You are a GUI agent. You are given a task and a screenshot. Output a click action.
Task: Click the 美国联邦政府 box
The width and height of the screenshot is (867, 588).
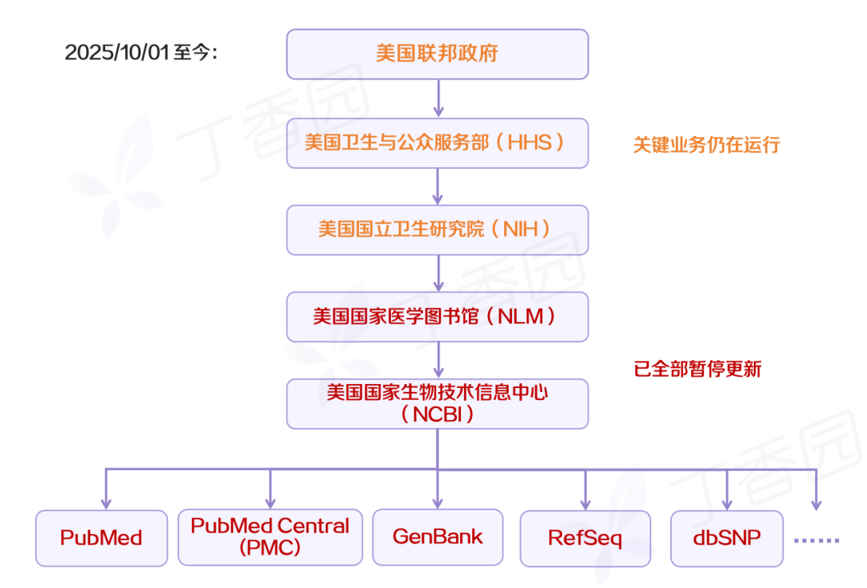438,54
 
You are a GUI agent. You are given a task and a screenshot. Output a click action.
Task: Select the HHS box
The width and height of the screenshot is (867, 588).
438,143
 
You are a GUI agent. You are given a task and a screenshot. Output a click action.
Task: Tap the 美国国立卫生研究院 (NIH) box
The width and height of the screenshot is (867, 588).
438,230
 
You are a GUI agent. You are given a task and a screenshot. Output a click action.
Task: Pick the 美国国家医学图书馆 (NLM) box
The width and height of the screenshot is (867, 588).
438,316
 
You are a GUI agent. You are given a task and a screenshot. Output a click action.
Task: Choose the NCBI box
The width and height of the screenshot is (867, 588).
438,403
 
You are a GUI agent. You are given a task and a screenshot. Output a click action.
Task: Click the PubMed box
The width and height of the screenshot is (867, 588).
101,537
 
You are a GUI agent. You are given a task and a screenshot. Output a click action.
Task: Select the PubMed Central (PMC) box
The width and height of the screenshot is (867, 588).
270,537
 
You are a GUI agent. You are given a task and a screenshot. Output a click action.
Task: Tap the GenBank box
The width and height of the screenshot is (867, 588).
438,537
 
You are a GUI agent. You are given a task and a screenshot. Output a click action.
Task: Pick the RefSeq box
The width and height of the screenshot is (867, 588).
585,537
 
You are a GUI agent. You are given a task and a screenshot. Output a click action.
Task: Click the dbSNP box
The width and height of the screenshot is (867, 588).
727,537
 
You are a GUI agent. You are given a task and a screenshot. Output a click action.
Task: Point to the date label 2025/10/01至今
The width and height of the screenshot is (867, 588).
141,53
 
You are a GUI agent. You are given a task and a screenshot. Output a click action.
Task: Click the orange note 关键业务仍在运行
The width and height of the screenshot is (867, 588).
706,145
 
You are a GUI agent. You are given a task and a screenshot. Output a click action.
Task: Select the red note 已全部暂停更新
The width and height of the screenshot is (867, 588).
698,370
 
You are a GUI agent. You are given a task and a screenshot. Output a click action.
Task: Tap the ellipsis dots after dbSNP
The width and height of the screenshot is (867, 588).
816,540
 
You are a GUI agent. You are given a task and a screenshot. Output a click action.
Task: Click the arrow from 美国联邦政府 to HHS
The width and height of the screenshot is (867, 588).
438,98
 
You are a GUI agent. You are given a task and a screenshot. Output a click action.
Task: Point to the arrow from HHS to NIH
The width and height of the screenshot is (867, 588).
438,186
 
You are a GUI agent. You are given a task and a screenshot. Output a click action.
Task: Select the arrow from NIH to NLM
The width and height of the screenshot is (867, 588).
438,273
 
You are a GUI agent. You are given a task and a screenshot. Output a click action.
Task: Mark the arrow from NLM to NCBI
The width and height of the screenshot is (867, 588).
438,360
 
